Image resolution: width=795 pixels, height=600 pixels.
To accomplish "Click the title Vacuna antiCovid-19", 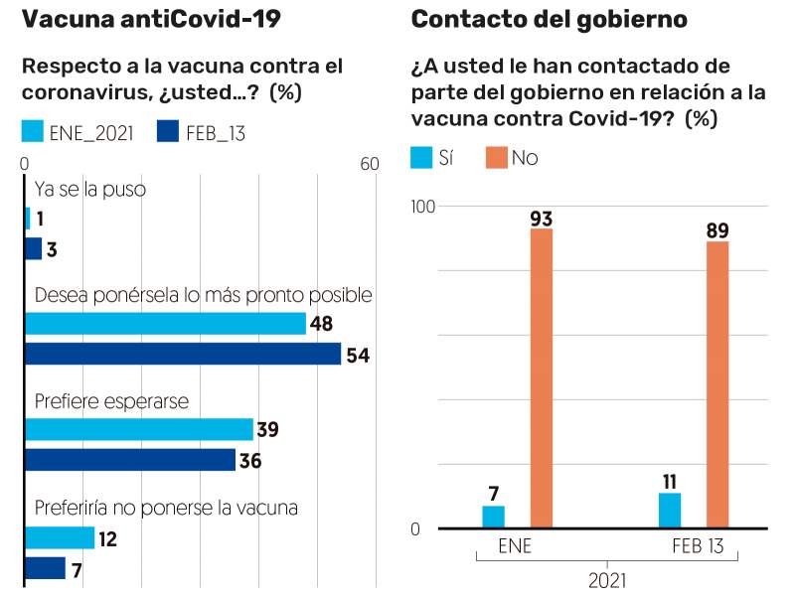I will tap(151, 20).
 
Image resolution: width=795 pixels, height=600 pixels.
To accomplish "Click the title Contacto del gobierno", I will tap(549, 20).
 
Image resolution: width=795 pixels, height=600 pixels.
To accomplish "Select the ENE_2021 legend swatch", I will tap(33, 132).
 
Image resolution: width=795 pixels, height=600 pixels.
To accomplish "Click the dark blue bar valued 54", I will tap(183, 355).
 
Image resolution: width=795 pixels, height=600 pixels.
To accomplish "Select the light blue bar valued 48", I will tap(165, 324).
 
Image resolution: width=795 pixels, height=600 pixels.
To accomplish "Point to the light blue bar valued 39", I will tap(139, 429).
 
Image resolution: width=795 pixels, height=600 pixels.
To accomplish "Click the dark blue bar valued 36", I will tap(130, 460).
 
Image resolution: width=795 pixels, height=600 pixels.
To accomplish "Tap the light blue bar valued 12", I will tap(60, 537).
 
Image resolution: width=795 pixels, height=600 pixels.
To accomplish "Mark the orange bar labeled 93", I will tap(542, 378).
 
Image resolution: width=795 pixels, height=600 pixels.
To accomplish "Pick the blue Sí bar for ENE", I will tap(494, 517).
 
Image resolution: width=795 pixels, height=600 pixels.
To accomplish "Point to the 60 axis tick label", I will tap(369, 165).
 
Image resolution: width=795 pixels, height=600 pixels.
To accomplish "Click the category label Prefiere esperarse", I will tap(111, 401).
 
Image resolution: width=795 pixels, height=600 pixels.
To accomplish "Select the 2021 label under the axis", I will tap(606, 579).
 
